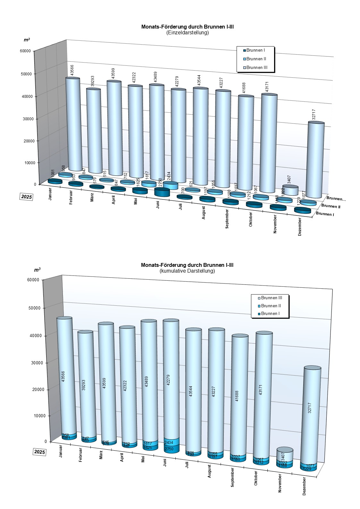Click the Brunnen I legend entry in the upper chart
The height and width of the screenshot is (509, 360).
tap(255, 50)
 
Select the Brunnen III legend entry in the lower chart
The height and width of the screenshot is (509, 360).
tap(271, 298)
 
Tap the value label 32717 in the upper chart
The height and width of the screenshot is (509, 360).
tap(314, 115)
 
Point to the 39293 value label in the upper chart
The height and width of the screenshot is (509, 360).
tap(93, 81)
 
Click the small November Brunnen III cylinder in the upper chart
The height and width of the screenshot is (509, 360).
tap(290, 190)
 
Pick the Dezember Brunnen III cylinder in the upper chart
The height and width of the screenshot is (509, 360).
tap(315, 160)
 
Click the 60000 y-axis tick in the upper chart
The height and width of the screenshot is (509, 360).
tap(25, 51)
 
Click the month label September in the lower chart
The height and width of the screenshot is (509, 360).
tap(232, 477)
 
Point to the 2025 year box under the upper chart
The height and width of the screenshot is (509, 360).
tap(27, 197)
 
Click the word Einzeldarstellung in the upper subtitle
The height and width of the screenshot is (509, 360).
tap(188, 32)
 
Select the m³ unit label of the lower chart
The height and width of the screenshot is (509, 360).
tap(37, 270)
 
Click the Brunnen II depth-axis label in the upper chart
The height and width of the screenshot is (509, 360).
tap(331, 206)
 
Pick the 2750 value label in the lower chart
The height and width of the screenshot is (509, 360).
tap(169, 449)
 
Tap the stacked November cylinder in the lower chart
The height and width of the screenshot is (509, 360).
tap(285, 458)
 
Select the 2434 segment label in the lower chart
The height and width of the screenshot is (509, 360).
tap(169, 443)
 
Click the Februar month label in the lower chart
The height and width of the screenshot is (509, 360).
tap(80, 455)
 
